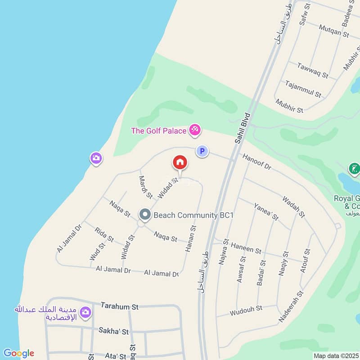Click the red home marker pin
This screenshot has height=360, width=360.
tap(180, 162)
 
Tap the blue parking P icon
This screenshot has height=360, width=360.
tap(202, 152)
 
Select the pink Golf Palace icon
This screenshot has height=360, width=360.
tap(195, 130)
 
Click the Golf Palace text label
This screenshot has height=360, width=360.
tap(158, 131)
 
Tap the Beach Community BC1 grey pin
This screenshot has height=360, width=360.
tap(144, 215)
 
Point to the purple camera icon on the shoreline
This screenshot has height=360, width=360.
tap(96, 158)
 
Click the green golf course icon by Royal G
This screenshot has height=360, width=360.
tap(354, 170)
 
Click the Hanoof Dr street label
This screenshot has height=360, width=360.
tap(257, 162)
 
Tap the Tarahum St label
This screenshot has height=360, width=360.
tap(119, 306)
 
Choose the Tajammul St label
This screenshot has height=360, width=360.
tap(303, 89)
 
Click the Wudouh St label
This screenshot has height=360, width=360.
tap(246, 310)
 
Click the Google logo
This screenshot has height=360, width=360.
tap(18, 353)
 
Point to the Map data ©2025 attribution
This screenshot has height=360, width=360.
tap(336, 356)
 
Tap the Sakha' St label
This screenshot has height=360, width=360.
tap(113, 332)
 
